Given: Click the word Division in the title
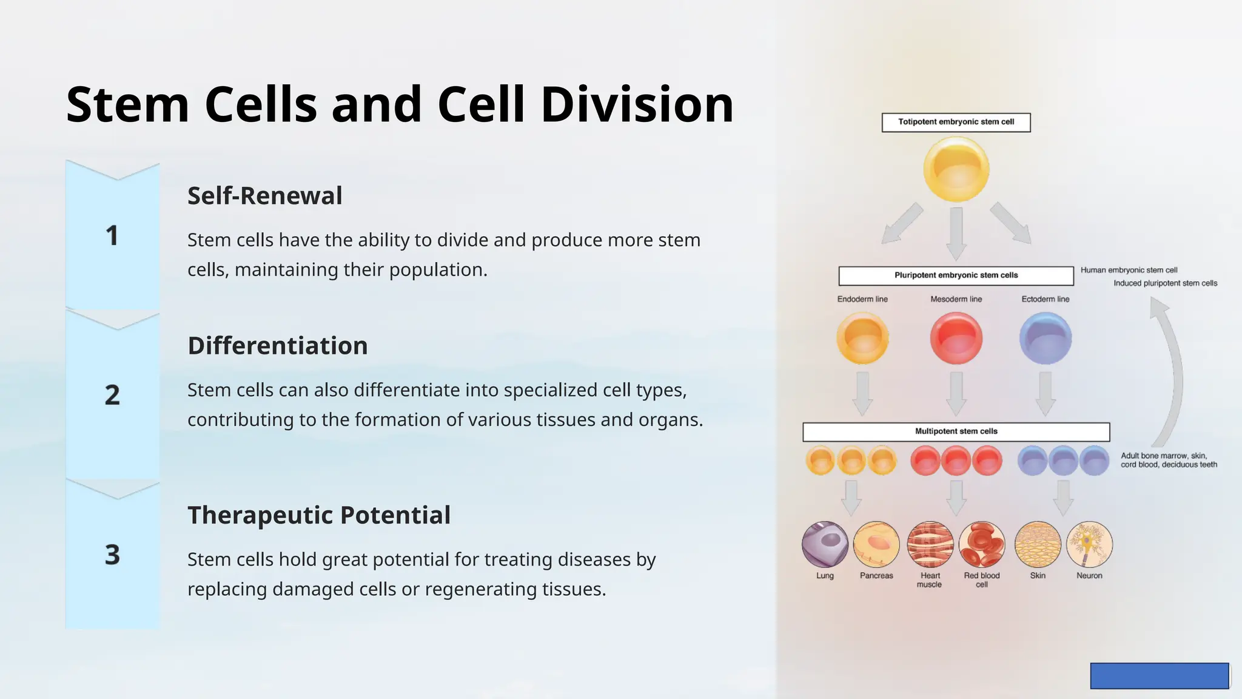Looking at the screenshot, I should click(x=637, y=104).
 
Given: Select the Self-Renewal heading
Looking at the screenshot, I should click(x=264, y=196).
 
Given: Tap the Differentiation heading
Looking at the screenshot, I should click(x=277, y=346).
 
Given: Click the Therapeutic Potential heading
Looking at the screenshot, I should click(x=318, y=515).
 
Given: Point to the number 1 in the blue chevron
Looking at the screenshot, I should click(x=112, y=236).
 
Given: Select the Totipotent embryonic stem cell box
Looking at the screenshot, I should click(x=956, y=122).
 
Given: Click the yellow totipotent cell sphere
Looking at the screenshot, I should click(x=956, y=169).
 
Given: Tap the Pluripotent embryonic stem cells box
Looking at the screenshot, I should click(x=956, y=275).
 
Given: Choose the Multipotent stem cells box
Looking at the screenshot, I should click(x=956, y=431).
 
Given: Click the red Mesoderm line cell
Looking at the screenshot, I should click(x=956, y=338).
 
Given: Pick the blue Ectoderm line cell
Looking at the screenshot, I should click(x=1045, y=338).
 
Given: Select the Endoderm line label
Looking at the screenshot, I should click(x=862, y=299).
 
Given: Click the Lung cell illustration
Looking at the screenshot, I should click(x=825, y=544).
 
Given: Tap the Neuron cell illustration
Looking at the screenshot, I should click(x=1089, y=544).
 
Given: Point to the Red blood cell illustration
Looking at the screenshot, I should click(x=981, y=544).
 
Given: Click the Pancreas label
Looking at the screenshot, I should click(x=876, y=576).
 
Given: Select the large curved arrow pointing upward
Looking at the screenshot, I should click(x=1174, y=376).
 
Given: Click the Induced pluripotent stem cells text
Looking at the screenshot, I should click(x=1165, y=283).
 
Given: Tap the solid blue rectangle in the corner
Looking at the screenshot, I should click(x=1159, y=675).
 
